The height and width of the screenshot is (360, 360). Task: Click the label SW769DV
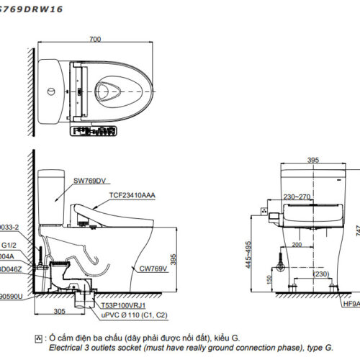(x=90, y=182)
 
